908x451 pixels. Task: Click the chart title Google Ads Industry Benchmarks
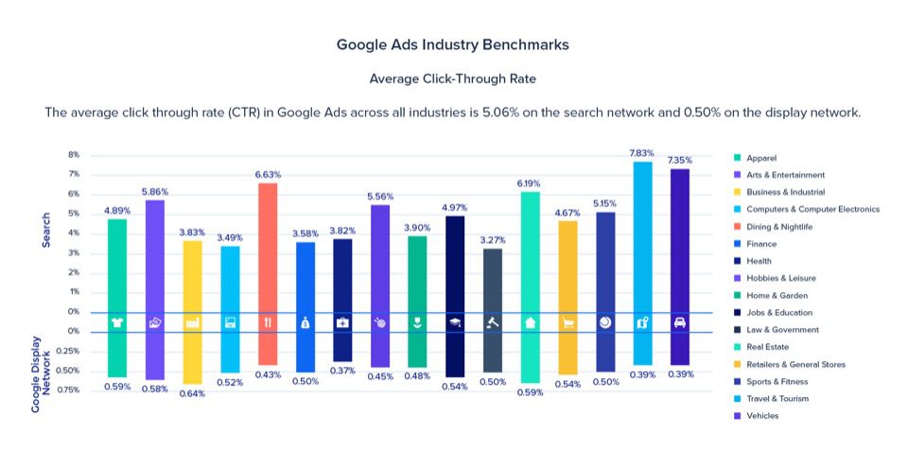pos(453,44)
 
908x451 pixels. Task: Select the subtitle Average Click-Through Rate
pos(453,78)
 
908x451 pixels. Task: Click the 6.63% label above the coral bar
pos(268,174)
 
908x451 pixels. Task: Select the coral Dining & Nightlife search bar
pos(268,246)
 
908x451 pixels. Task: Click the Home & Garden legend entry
pos(776,295)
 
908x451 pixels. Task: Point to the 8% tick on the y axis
pos(74,154)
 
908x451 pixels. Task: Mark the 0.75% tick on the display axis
pos(68,390)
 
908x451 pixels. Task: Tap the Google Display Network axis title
pos(41,372)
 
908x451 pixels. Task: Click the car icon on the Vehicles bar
pos(679,322)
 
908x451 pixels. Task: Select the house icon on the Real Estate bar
pos(530,322)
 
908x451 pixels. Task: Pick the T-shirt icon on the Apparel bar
pos(117,322)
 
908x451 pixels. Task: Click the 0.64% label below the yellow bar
pos(192,391)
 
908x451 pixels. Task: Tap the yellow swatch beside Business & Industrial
pos(737,192)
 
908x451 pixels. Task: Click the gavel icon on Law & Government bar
pos(492,322)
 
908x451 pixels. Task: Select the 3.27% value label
pos(492,240)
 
